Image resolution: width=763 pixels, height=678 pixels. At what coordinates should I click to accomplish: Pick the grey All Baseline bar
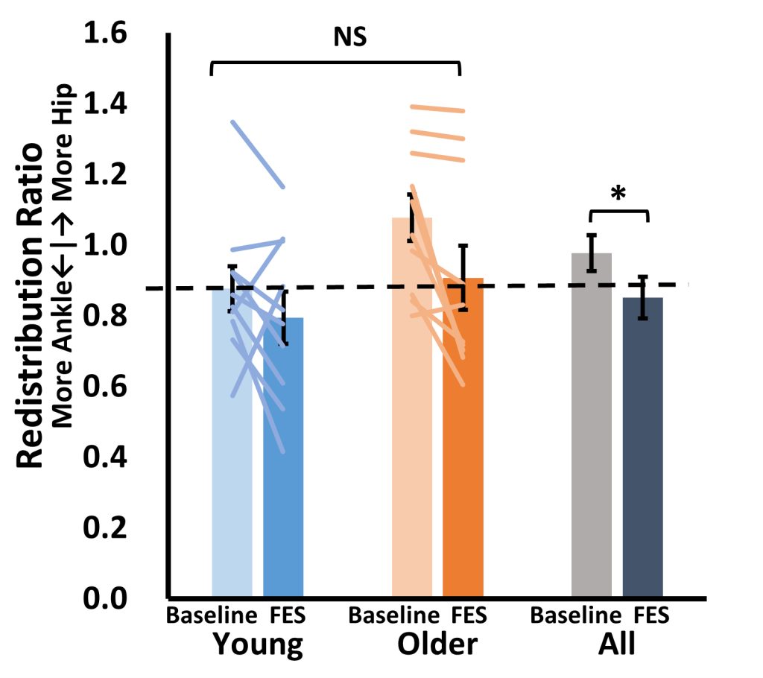592,432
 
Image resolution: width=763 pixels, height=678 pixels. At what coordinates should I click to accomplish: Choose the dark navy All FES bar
643,454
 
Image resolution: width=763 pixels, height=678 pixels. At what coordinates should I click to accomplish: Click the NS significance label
349,37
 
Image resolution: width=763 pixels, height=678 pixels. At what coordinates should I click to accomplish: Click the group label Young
258,644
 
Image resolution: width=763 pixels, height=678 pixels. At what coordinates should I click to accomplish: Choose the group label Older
437,644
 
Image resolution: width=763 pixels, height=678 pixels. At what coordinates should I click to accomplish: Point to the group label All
617,644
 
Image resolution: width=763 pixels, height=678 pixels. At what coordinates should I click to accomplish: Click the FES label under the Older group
469,616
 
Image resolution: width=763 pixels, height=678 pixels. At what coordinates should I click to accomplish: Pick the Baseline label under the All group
574,616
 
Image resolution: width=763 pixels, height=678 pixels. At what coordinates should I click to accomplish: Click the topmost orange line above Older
437,109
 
